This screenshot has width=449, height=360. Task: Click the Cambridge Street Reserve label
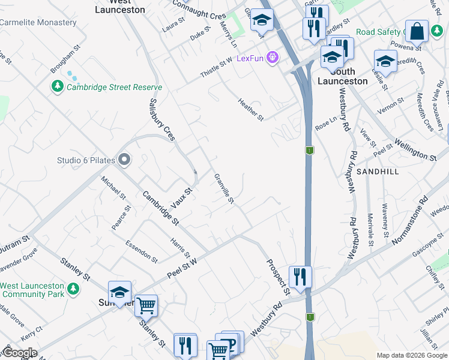114,87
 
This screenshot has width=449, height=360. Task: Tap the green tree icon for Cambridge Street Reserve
58,87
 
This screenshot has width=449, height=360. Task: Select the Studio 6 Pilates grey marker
124,160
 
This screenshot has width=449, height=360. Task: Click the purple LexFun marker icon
273,58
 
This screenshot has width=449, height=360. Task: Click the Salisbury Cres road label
162,120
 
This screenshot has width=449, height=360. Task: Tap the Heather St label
250,109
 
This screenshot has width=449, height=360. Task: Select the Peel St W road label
182,270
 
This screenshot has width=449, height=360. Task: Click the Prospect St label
278,277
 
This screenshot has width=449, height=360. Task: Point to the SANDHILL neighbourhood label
377,172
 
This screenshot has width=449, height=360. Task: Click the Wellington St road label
415,150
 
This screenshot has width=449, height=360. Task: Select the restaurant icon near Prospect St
300,277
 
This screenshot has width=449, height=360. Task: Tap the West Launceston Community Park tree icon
73,290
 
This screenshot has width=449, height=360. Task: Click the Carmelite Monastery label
38,23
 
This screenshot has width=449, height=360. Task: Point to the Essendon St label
142,251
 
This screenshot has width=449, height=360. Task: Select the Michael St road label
113,188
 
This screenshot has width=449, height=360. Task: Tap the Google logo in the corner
19,353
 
